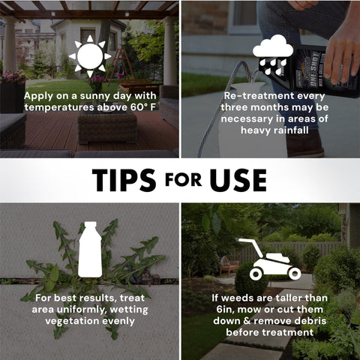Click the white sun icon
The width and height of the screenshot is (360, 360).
[90, 56]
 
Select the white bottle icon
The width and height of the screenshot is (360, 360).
[90, 249]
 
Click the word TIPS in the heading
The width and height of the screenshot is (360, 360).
[124, 180]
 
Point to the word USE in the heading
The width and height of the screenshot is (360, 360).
[238, 180]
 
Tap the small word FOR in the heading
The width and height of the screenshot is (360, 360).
[183, 179]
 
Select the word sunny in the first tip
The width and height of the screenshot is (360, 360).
[96, 96]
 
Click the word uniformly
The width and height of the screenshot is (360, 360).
[82, 310]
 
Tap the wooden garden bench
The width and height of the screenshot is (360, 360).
[229, 266]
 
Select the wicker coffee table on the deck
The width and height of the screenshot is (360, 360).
[107, 127]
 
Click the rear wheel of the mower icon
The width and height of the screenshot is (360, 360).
[256, 274]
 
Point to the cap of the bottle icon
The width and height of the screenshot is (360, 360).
[90, 224]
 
